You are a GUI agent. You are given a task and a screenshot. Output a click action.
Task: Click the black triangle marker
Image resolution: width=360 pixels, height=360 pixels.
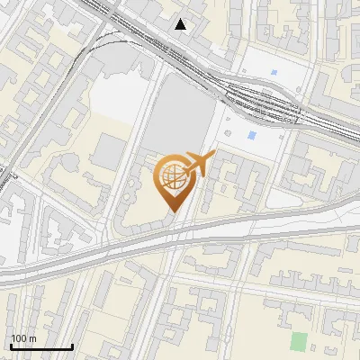[181, 23]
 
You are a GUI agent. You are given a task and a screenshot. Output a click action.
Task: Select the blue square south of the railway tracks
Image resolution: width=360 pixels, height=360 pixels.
[251, 135]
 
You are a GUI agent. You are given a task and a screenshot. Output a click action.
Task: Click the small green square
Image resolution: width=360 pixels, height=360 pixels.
[299, 341]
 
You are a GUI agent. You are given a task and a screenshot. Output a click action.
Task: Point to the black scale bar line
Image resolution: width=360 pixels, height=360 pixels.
[41, 347]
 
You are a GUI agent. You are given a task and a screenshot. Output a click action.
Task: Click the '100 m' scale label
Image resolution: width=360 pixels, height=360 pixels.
[24, 338]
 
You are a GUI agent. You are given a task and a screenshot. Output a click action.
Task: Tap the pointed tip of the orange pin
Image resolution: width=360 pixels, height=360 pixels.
[171, 212]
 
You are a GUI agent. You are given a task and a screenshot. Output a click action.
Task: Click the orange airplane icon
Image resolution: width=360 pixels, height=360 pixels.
[195, 165]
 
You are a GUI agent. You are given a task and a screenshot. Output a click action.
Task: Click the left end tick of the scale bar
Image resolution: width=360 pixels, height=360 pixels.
[11, 346]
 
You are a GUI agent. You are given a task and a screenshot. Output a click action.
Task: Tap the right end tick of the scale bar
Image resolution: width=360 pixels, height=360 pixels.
[72, 346]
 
